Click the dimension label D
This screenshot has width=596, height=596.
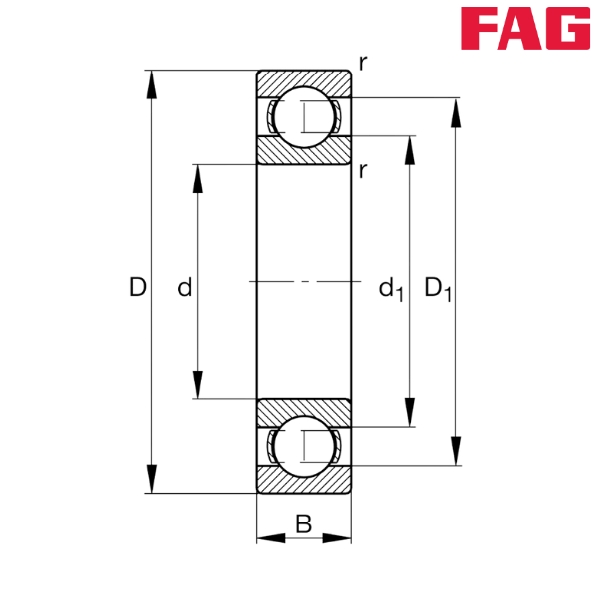click(137, 288)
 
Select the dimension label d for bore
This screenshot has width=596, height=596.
click(184, 289)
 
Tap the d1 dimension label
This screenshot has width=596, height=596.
click(390, 290)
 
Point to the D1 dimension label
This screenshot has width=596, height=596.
click(437, 289)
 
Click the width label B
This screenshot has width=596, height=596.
click(304, 521)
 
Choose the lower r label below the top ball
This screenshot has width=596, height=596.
click(364, 170)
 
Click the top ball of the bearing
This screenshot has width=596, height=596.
click(304, 117)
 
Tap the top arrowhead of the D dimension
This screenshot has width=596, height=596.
click(152, 85)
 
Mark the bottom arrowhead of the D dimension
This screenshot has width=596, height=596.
click(152, 479)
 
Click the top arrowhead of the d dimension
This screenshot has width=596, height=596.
click(198, 180)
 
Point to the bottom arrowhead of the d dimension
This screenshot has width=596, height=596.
click(198, 383)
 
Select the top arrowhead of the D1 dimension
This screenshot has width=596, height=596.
click(456, 114)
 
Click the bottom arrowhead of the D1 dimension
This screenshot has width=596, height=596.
click(456, 451)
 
